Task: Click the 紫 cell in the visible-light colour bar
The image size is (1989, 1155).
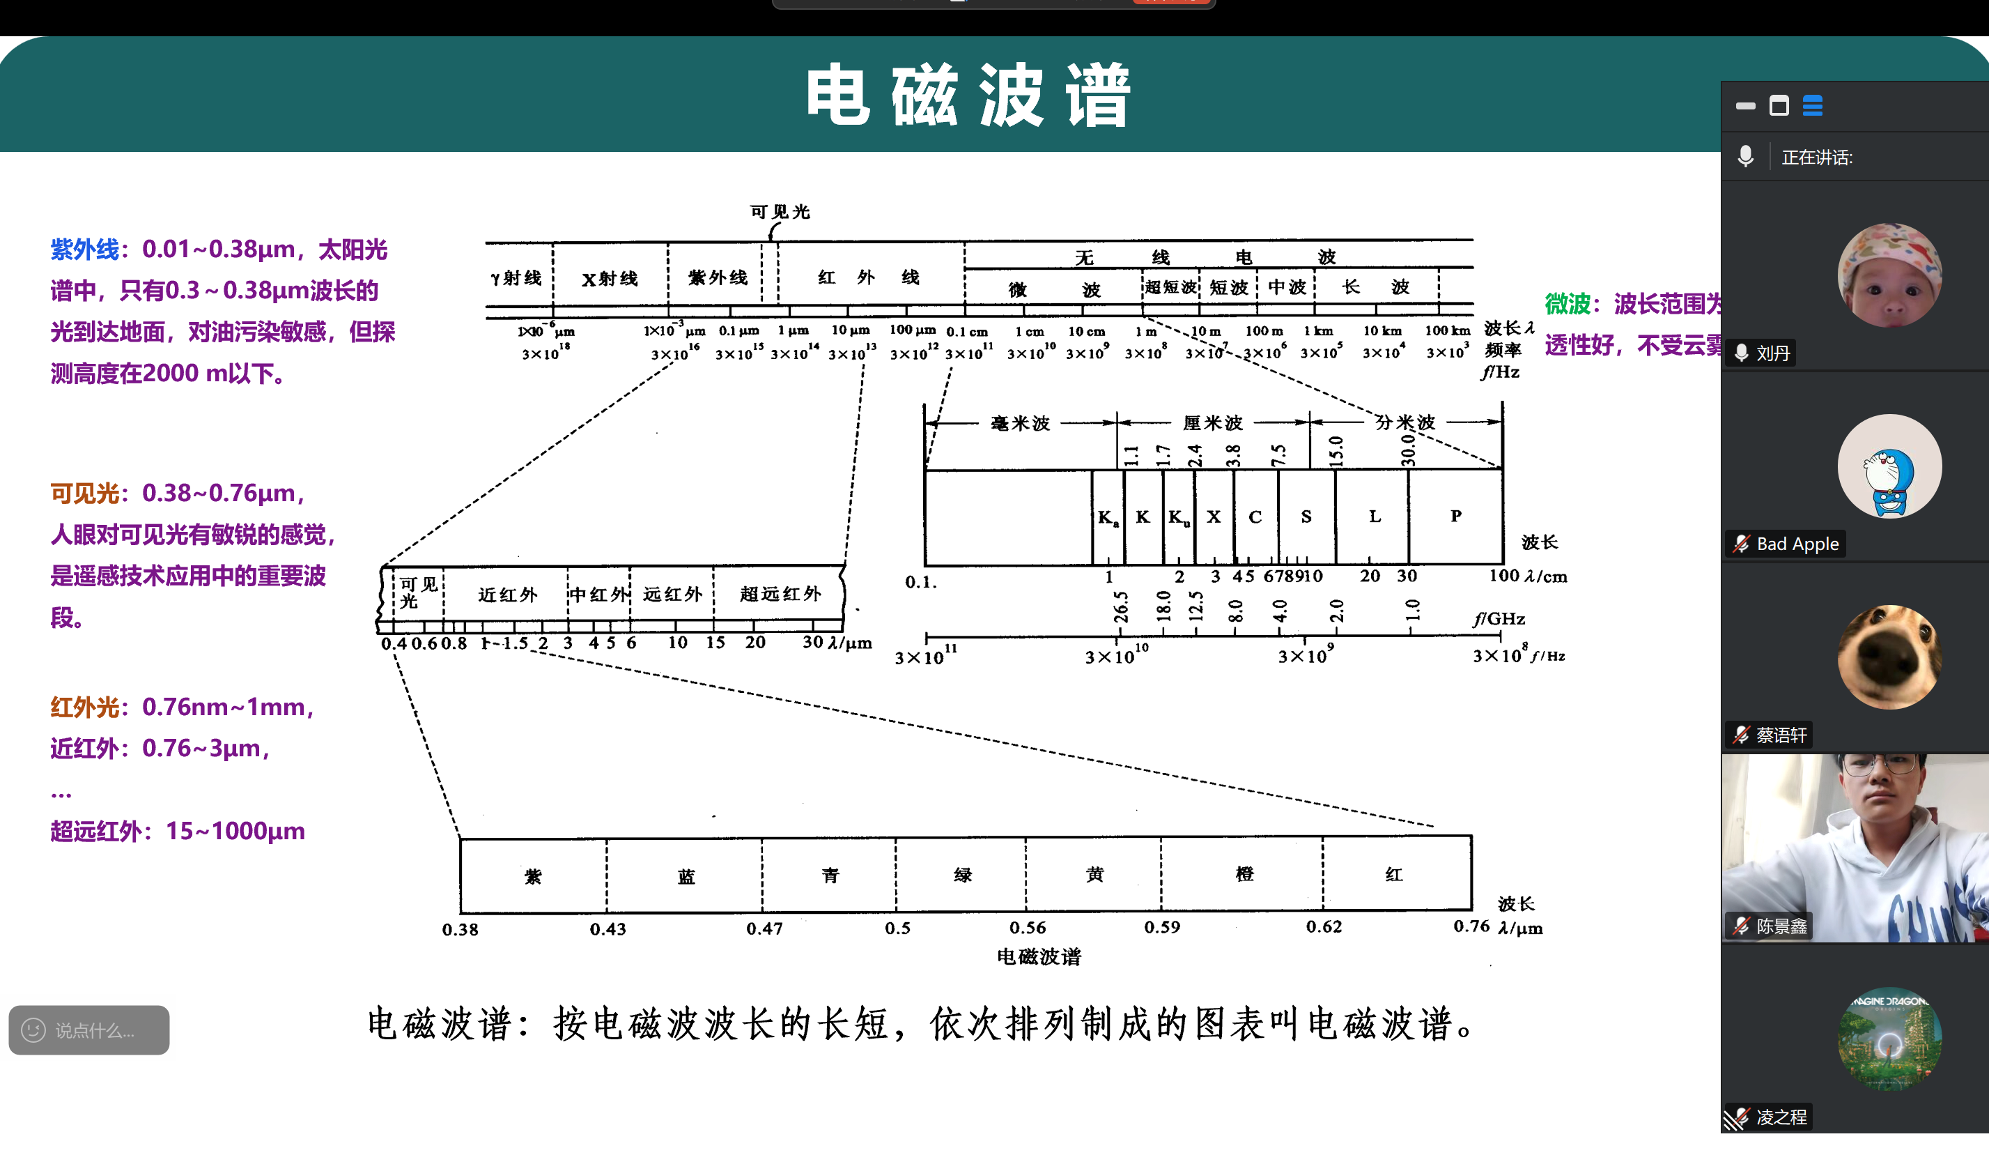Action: click(533, 876)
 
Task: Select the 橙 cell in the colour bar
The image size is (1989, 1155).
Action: click(1244, 875)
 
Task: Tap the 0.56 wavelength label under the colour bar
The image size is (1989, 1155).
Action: click(1027, 928)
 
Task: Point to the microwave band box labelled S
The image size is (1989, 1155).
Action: click(1306, 517)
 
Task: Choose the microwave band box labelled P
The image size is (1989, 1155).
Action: click(1455, 517)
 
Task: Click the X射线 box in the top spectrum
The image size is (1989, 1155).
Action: click(610, 279)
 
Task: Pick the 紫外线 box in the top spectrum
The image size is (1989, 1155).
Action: click(717, 278)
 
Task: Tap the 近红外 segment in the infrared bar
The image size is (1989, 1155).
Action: click(506, 595)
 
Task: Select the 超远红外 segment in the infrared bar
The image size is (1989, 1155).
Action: click(780, 594)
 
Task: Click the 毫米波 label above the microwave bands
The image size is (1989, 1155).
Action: click(1020, 424)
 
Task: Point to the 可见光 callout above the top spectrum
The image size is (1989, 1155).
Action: click(779, 212)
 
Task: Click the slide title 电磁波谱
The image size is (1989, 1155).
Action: click(968, 95)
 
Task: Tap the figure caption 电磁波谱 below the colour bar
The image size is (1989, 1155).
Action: click(1038, 957)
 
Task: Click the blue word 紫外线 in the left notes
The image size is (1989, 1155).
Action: click(84, 250)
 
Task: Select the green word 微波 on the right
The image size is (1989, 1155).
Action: click(1567, 304)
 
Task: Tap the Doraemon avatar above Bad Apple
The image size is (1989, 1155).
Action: click(1889, 466)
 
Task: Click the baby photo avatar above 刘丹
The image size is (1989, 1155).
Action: click(1889, 275)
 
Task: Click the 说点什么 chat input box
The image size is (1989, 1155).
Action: click(89, 1030)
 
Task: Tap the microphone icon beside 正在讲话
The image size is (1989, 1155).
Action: click(1745, 156)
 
